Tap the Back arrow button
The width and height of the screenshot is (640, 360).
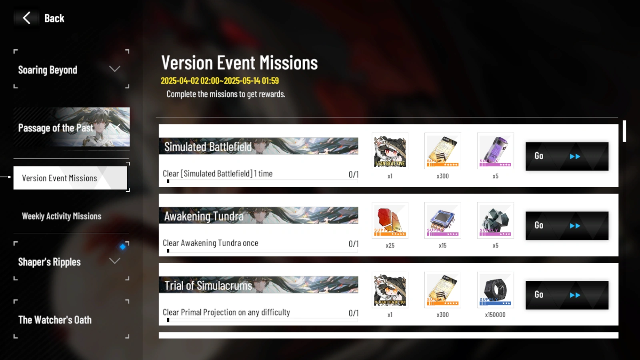click(x=27, y=18)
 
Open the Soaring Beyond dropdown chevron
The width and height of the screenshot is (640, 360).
click(x=115, y=69)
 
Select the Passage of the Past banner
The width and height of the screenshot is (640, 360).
click(x=71, y=127)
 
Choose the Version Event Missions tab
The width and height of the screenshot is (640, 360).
click(x=70, y=178)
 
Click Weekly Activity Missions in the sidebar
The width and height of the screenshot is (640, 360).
click(x=62, y=216)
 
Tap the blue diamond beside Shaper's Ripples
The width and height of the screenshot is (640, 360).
click(x=123, y=246)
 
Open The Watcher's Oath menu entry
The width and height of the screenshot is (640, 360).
click(x=55, y=320)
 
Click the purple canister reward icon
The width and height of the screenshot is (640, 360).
click(x=495, y=151)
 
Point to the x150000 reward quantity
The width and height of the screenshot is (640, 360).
click(x=495, y=315)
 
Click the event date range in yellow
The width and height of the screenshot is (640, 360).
click(x=220, y=81)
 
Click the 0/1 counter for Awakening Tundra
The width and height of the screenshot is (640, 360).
click(x=353, y=244)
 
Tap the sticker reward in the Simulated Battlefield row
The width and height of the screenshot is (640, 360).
click(x=390, y=151)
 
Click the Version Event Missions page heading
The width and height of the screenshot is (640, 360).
click(x=239, y=63)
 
